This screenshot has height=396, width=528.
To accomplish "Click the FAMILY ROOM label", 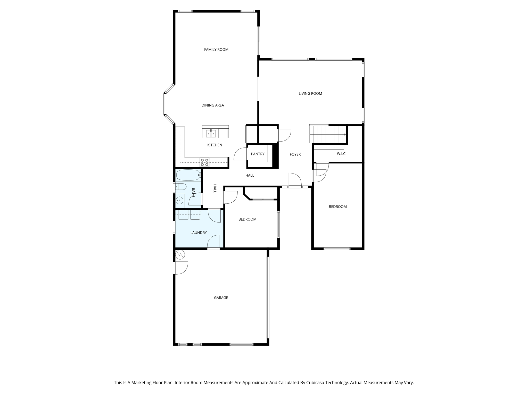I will click(216, 49).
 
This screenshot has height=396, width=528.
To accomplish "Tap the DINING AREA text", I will click(213, 105).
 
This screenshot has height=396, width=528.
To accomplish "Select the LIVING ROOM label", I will click(310, 94).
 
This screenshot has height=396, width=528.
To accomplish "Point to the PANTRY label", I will click(258, 154).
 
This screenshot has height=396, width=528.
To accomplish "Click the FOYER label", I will click(295, 154).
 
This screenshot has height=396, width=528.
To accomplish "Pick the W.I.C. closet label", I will click(341, 154).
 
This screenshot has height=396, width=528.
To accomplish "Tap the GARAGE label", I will click(221, 298).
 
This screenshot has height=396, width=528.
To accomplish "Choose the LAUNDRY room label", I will click(199, 233).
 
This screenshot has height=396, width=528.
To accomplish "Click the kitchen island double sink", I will click(211, 134).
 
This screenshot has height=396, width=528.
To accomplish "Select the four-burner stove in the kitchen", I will click(204, 162).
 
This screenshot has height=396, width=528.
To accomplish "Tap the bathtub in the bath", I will click(188, 175).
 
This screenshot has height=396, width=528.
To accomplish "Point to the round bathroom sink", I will click(180, 200).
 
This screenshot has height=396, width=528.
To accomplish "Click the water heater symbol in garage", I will click(180, 255).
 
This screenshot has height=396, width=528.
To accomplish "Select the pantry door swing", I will click(241, 154).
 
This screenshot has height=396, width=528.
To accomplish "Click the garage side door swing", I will click(181, 268).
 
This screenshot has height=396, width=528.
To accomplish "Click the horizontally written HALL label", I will click(250, 175).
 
